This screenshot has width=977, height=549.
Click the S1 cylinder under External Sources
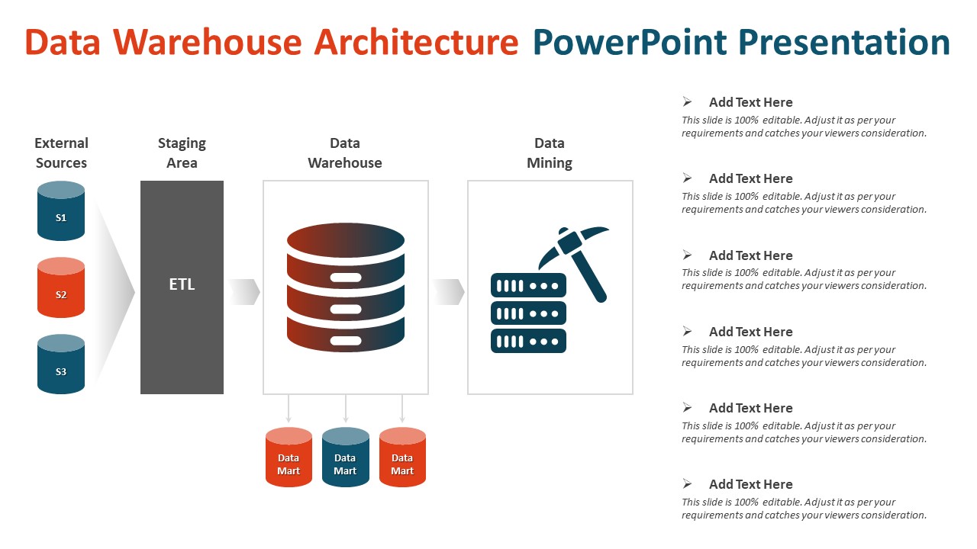click(61, 212)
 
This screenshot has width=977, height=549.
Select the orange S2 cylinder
click(61, 288)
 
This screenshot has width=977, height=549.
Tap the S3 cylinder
click(61, 365)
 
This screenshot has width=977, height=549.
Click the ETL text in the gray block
click(182, 284)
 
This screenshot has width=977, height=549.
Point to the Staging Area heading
click(182, 152)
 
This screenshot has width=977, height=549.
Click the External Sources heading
click(61, 152)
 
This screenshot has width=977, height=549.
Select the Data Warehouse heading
click(345, 152)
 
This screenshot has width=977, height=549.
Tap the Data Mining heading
click(550, 152)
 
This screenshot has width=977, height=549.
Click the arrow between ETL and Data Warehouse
click(244, 291)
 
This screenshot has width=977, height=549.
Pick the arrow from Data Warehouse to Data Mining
click(449, 291)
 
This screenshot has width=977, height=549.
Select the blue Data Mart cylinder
click(345, 457)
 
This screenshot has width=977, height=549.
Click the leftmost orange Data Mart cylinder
click(289, 457)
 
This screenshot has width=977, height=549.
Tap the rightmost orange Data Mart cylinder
click(402, 457)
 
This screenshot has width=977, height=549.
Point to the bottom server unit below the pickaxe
click(528, 341)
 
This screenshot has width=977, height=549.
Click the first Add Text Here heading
click(750, 102)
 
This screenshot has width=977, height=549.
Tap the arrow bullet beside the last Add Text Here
click(687, 483)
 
